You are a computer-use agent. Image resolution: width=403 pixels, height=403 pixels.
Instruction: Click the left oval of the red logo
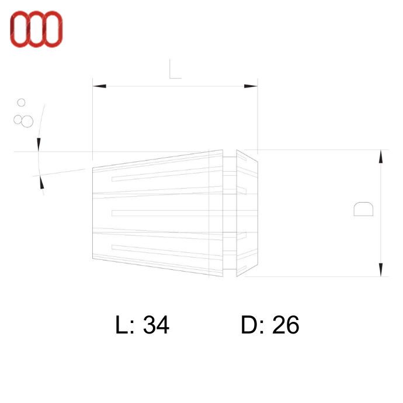point(19,29)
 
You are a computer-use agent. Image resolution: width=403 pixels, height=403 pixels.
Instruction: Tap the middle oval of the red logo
point(36,29)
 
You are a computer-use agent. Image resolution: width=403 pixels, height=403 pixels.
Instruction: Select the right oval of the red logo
point(53,29)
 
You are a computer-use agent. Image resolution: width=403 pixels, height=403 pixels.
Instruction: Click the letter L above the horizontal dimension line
point(175,69)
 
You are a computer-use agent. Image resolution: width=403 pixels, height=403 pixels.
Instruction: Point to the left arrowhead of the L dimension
point(100,86)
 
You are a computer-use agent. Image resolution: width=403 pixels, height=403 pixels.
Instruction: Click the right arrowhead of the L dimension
point(251,86)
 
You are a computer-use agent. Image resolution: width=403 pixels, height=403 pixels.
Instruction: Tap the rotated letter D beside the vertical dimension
point(363,209)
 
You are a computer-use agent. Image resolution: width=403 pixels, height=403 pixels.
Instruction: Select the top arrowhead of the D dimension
point(381,156)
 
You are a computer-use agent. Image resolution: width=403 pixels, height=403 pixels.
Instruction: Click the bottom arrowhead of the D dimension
point(381,269)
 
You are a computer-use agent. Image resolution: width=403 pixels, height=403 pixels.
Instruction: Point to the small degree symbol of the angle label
point(22,103)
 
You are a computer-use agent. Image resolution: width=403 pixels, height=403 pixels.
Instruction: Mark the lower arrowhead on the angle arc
point(41,182)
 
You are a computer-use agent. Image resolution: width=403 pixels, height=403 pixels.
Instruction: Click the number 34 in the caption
point(156,325)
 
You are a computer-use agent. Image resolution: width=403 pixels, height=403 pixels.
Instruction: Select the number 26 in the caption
point(286,325)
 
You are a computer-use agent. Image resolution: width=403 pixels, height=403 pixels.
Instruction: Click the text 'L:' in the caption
point(126,325)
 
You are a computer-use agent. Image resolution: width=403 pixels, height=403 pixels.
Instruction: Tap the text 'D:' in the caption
point(253,325)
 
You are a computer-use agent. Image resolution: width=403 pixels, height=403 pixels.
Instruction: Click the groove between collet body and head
point(230,213)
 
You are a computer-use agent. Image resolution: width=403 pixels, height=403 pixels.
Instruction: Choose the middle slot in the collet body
point(166,213)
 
